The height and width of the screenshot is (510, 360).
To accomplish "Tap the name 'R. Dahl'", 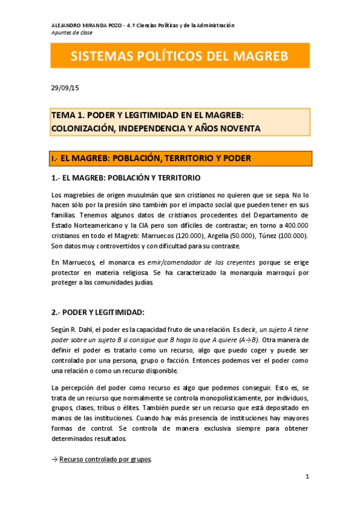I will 88,330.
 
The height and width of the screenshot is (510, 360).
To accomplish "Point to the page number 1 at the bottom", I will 307,477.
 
